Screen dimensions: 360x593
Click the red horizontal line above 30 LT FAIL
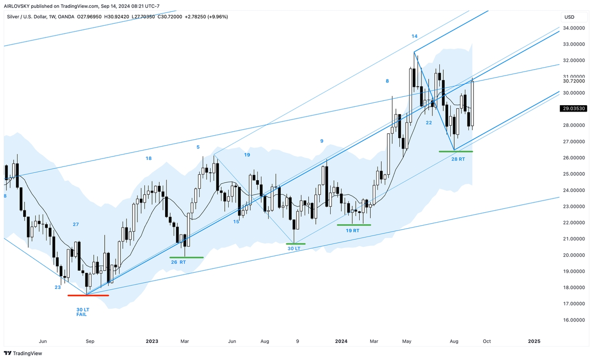[88, 295]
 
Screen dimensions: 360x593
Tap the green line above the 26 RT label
[186, 257]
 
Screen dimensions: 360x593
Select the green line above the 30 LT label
[294, 244]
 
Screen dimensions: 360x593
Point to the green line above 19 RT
[353, 225]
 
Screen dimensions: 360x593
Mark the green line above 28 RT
[456, 152]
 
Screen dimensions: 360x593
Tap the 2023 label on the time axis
[152, 341]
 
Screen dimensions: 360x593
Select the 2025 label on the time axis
[534, 341]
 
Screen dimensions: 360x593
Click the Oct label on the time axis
[486, 341]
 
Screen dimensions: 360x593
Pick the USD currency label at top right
[569, 17]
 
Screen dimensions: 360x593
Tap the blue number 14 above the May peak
[415, 37]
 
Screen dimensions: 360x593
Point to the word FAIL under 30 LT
[82, 314]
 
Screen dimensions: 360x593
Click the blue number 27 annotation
[76, 225]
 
